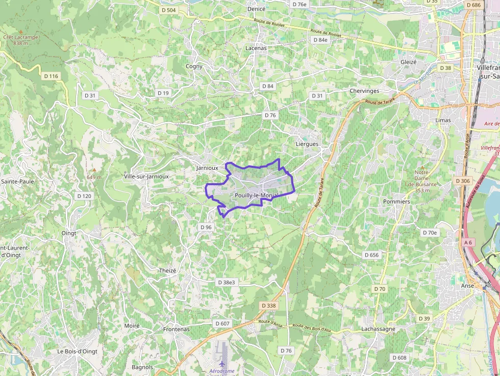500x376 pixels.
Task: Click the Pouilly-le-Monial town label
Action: point(257,196)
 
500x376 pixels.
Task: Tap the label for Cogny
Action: point(194,66)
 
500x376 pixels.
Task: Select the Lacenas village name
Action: point(256,48)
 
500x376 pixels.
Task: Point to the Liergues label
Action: point(307,144)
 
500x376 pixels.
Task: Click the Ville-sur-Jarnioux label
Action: point(146,177)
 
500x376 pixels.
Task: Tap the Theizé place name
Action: point(167,271)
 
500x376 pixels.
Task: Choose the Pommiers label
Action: point(396,202)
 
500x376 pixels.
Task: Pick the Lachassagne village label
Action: point(378,329)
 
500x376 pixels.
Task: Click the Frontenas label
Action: point(176,329)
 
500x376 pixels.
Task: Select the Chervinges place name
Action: point(364,91)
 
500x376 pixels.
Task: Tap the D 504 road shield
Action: point(168,10)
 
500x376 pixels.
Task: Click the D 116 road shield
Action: point(52,76)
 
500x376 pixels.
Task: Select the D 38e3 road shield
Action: point(227,282)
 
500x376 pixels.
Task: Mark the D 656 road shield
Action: point(372,255)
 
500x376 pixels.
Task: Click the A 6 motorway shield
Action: point(468,242)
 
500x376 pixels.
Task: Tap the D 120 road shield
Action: point(84,196)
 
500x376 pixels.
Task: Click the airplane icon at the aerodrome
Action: point(222,363)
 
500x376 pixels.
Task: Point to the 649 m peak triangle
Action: point(94,170)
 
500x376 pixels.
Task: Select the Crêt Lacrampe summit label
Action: point(20,37)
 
